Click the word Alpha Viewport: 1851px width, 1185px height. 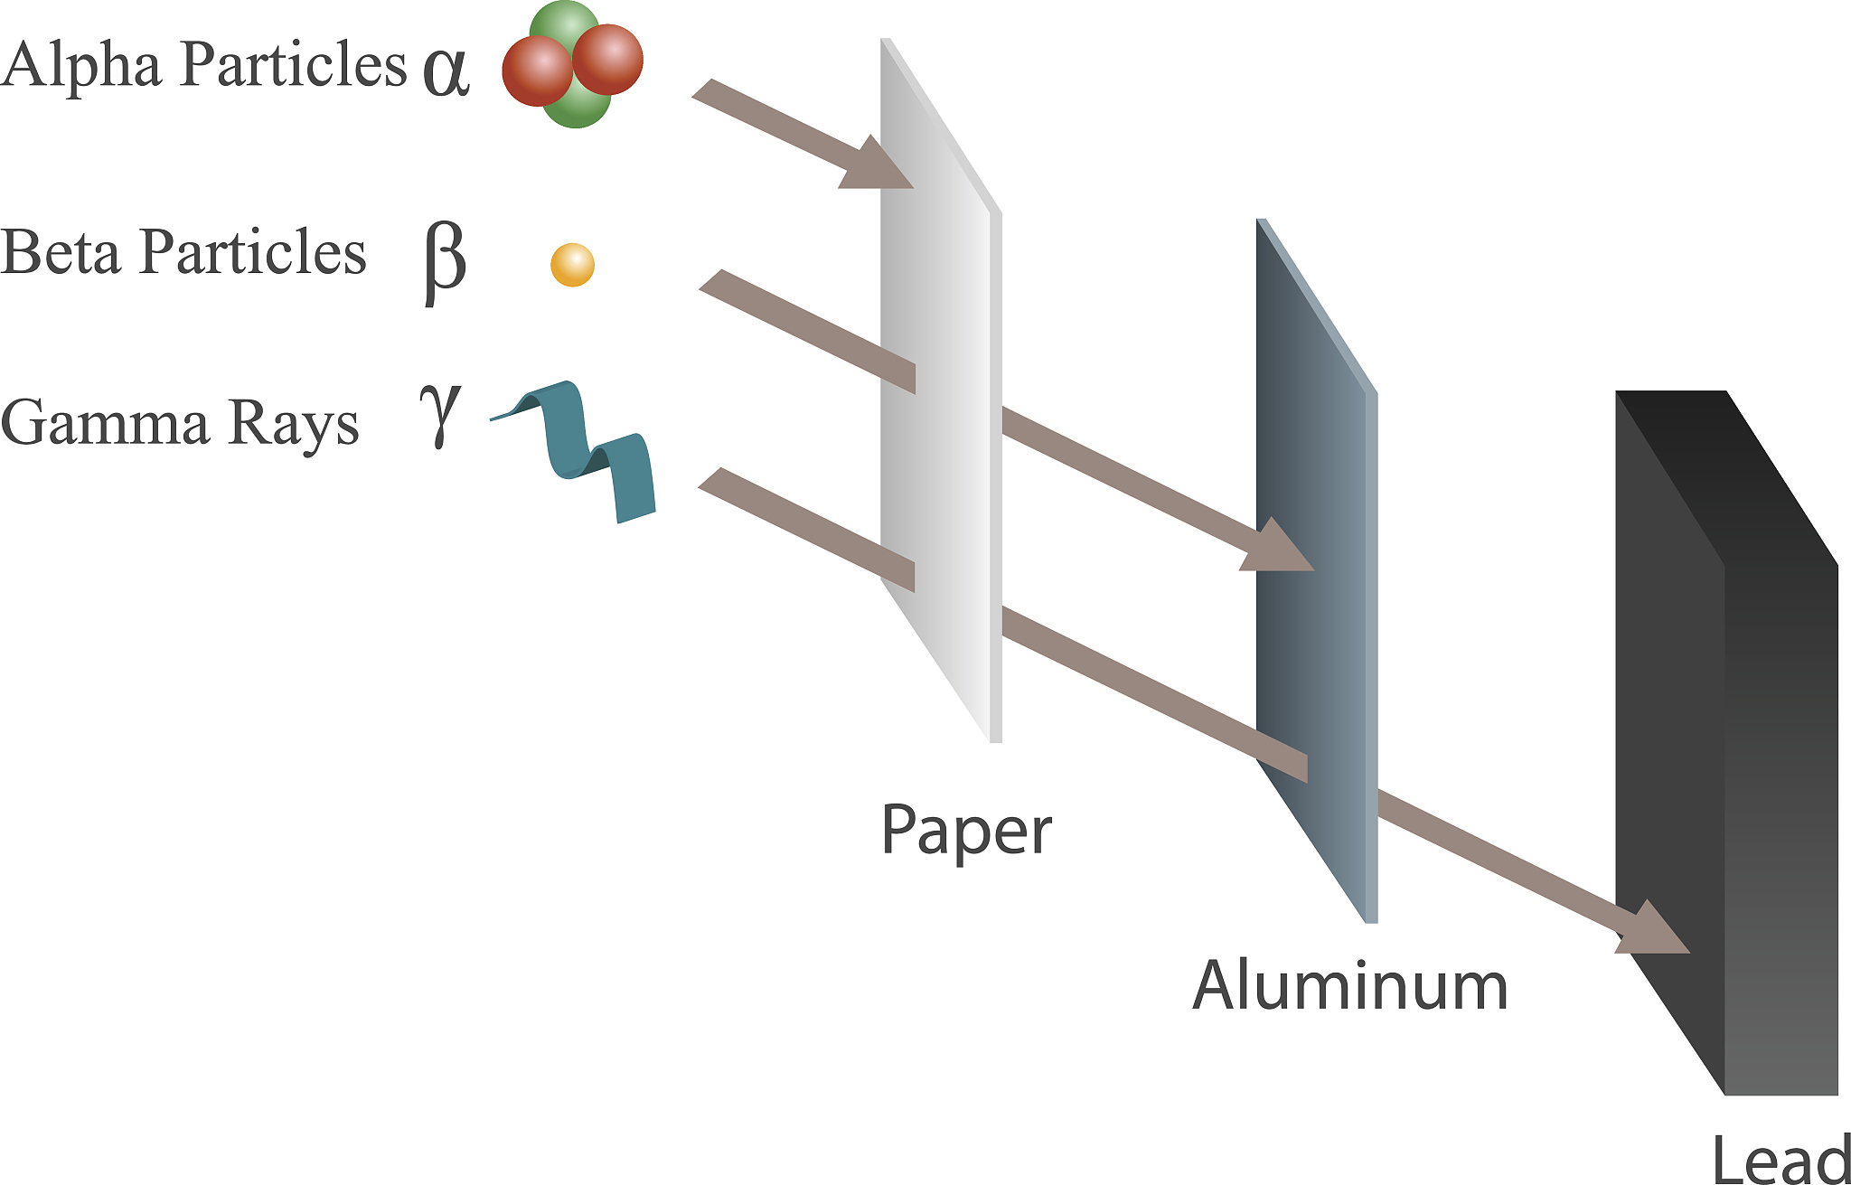tap(81, 65)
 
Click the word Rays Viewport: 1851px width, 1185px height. tap(293, 422)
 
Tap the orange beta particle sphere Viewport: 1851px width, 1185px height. tap(572, 265)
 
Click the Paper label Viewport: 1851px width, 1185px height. tap(965, 831)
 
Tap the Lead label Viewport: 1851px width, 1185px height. tap(1780, 1159)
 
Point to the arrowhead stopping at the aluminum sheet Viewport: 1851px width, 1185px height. tap(1275, 550)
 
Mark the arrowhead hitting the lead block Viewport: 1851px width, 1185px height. tap(1652, 931)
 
